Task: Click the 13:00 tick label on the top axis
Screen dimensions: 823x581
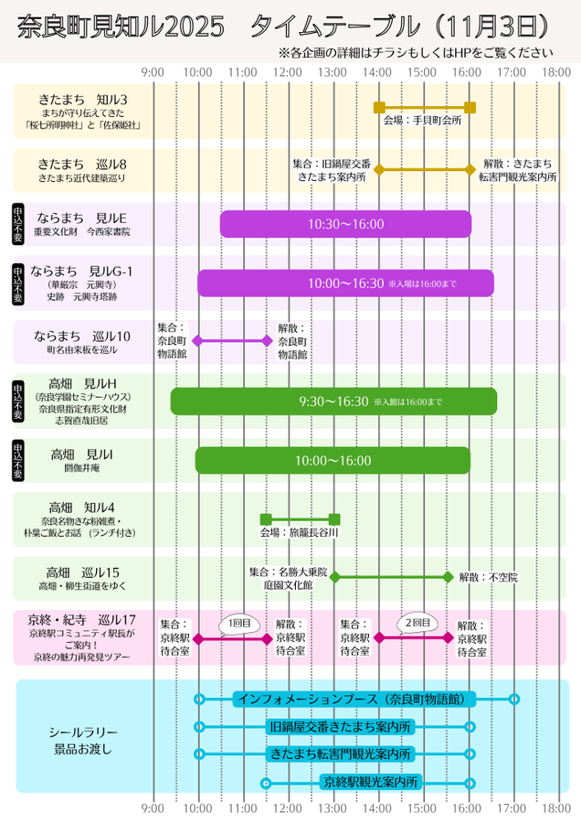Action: click(x=333, y=71)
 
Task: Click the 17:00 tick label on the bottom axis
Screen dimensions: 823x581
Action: click(x=512, y=808)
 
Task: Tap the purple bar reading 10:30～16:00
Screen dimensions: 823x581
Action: click(x=345, y=224)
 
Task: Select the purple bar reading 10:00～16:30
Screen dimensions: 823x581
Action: click(x=345, y=283)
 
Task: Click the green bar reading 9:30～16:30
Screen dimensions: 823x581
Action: click(x=333, y=401)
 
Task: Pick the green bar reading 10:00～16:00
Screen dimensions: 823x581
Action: click(x=333, y=461)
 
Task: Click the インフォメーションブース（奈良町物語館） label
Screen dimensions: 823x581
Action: click(x=355, y=699)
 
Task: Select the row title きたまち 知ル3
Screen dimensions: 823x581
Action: click(x=83, y=99)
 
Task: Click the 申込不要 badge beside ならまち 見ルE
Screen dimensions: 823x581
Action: click(x=18, y=224)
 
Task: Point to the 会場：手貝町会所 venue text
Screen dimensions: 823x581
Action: click(x=422, y=120)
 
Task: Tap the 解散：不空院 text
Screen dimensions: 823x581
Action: click(x=488, y=577)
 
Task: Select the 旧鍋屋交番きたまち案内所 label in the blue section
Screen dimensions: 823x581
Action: click(x=341, y=727)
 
